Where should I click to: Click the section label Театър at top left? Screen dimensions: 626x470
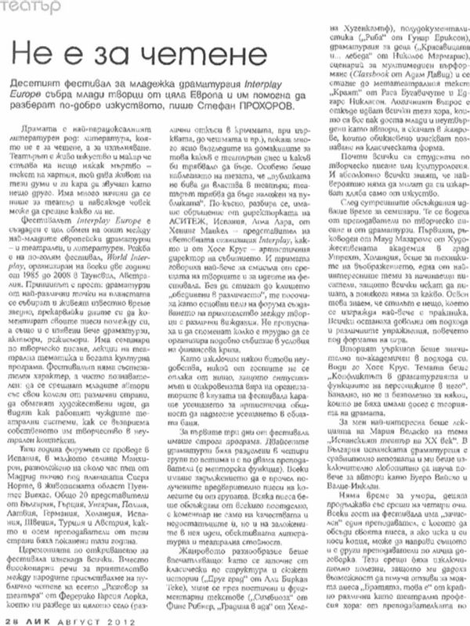[x=21, y=7]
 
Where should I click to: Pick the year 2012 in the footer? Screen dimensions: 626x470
[x=114, y=618]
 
